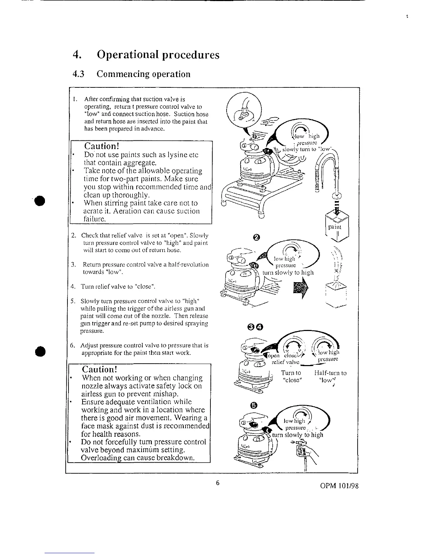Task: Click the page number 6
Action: click(x=217, y=483)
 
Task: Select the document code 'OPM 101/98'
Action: click(x=339, y=486)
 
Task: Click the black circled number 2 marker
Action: click(x=256, y=238)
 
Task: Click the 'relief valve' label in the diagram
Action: click(x=285, y=362)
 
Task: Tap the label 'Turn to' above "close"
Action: click(x=291, y=373)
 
